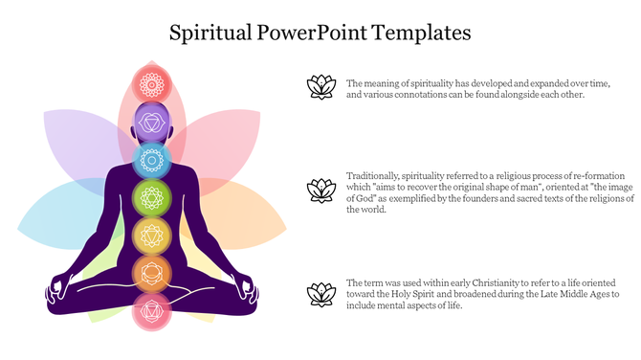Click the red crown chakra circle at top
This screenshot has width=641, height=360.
(x=150, y=83)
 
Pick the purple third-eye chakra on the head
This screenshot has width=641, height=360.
(x=150, y=121)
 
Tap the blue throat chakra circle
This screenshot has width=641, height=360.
(x=150, y=159)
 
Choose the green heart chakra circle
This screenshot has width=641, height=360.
(x=150, y=197)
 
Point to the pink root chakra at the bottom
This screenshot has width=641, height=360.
(x=150, y=309)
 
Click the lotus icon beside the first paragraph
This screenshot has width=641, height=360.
(x=320, y=87)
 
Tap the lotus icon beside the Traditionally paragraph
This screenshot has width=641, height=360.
(x=320, y=191)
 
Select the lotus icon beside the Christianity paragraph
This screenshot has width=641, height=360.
(x=320, y=295)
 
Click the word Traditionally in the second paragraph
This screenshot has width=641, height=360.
(x=372, y=177)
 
